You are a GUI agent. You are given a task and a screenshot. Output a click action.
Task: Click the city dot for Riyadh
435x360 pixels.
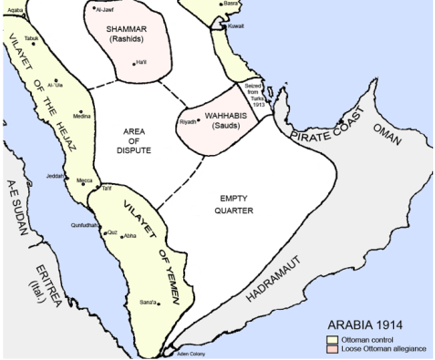point(202,119)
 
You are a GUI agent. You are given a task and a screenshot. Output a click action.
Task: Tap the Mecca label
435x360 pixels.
point(85,180)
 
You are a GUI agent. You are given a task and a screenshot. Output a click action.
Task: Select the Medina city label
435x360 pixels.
point(82,116)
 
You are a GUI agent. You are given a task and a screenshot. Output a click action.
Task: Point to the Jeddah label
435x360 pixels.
point(55,174)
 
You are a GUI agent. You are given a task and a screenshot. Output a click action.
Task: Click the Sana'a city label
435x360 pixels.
point(147,300)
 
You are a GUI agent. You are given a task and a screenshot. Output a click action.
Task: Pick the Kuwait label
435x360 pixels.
point(235,26)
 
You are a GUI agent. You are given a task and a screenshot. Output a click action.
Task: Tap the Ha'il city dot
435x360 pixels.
point(140,62)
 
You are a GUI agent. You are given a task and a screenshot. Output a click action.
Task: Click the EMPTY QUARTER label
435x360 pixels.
point(235,204)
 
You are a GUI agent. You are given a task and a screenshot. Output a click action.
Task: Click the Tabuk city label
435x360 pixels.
point(32,38)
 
